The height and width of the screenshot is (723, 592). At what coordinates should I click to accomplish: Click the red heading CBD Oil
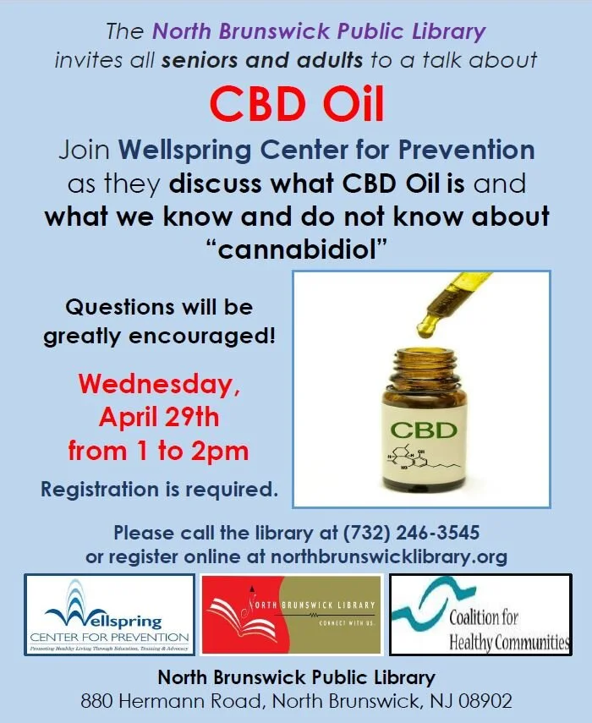pos(296,104)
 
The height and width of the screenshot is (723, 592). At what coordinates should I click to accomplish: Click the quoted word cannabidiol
pos(296,247)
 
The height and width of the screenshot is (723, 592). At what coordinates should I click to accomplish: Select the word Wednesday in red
pos(159,384)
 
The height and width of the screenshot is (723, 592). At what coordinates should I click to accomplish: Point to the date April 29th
pos(159,417)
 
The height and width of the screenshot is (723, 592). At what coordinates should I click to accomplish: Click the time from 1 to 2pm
pos(159,450)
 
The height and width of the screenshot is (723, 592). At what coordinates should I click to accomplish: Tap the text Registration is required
pos(159,489)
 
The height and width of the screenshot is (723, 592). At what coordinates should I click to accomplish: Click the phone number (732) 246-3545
pos(411,534)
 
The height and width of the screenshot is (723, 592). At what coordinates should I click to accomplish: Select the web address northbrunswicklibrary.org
pos(388,556)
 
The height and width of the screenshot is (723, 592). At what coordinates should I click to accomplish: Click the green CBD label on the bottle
pos(423,430)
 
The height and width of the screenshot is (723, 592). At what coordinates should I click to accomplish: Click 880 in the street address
pos(98,701)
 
